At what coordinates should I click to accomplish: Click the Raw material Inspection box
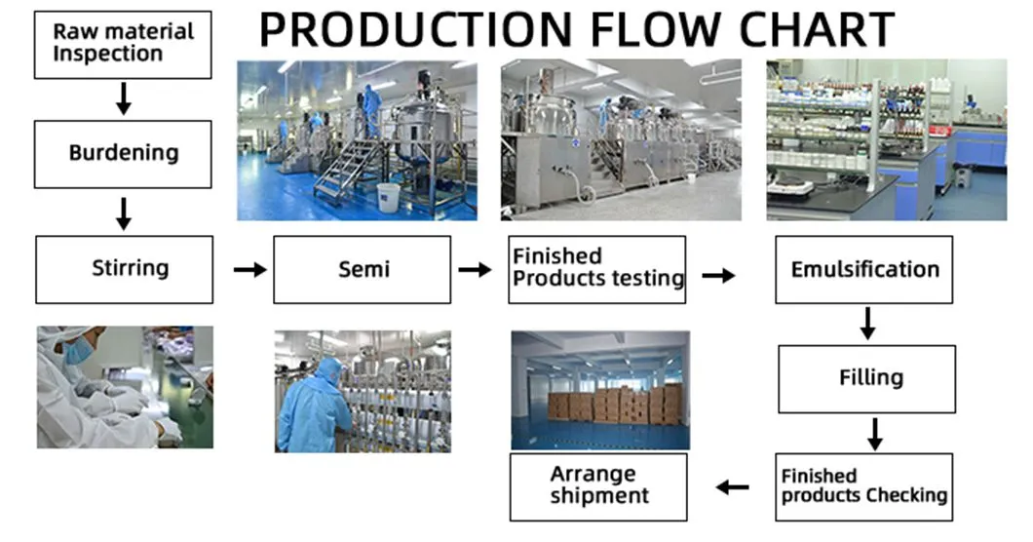coord(123,44)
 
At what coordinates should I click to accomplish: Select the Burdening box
coord(123,154)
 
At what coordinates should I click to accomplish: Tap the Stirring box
coord(124,269)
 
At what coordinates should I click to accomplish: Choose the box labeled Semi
coord(363,269)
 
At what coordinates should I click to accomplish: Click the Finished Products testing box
coord(596,269)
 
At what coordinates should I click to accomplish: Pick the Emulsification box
coord(863,269)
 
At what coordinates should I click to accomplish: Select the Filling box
coord(867,378)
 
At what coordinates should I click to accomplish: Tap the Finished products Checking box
coord(863,486)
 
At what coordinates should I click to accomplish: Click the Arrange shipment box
coord(598,486)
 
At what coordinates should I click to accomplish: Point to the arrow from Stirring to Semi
coord(249,269)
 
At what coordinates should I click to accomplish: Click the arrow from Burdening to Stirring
coord(123,213)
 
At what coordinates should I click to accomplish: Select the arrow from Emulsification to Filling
coord(867,324)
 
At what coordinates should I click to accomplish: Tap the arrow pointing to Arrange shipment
coord(733,487)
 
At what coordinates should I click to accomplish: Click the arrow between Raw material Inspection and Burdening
coord(123,98)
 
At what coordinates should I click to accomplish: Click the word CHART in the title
coord(817,29)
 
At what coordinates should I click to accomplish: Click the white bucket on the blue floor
coord(388,197)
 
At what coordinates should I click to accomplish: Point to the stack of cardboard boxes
coord(615,404)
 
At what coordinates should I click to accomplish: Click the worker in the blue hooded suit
coord(314,406)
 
